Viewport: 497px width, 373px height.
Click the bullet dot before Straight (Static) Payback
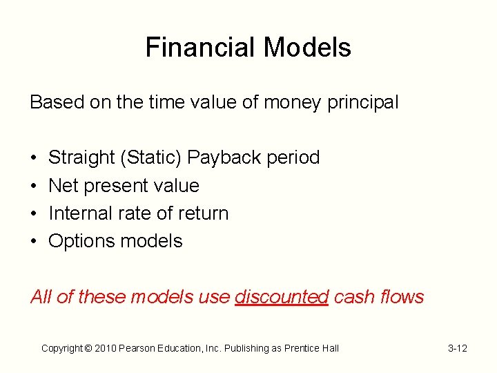(34, 158)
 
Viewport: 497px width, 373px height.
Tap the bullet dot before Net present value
(34, 186)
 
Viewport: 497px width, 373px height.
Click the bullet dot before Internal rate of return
(34, 213)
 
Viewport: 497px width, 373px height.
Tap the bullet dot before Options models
(34, 241)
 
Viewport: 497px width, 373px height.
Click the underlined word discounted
(282, 297)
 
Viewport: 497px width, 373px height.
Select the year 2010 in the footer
(102, 348)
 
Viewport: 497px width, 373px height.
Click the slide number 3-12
(457, 348)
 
